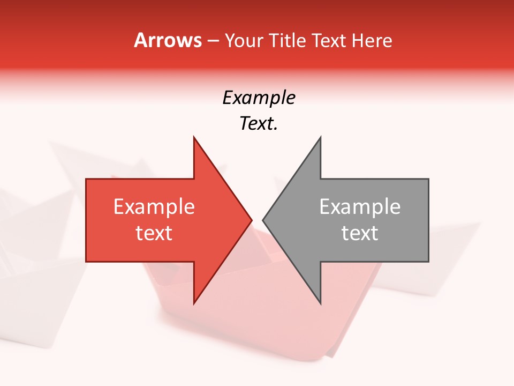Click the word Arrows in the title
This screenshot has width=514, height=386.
168,40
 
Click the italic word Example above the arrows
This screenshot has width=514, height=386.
259,98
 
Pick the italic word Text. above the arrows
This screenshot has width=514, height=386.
259,124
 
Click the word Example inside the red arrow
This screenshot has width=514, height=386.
154,207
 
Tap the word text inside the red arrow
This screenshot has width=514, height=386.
154,233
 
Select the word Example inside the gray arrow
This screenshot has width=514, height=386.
360,207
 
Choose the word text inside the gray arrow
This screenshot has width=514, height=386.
360,233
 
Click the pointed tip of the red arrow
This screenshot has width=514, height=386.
252,220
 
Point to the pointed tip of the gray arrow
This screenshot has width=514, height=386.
263,220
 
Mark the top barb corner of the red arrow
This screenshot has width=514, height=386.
194,137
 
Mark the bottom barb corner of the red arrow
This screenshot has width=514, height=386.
194,303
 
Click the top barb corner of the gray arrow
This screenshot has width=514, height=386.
321,137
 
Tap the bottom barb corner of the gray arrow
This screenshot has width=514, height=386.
321,303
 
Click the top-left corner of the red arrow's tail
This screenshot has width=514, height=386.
86,179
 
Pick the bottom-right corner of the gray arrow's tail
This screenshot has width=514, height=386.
428,262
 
